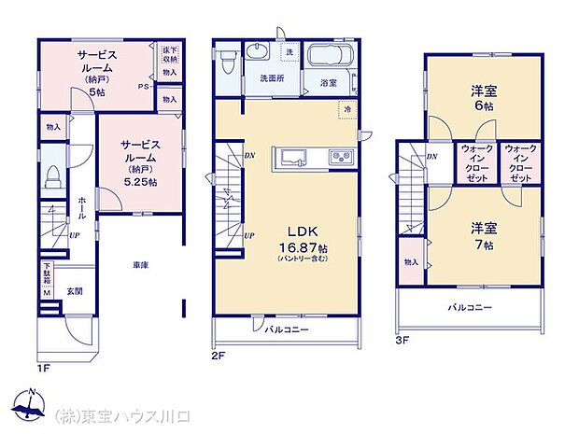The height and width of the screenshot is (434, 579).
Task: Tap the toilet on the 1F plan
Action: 53,175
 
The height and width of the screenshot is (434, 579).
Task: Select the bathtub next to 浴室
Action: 327,57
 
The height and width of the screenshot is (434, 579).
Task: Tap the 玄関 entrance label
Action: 71,291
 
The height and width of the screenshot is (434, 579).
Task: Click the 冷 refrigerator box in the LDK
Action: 346,109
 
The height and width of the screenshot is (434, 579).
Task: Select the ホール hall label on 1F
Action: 82,208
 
